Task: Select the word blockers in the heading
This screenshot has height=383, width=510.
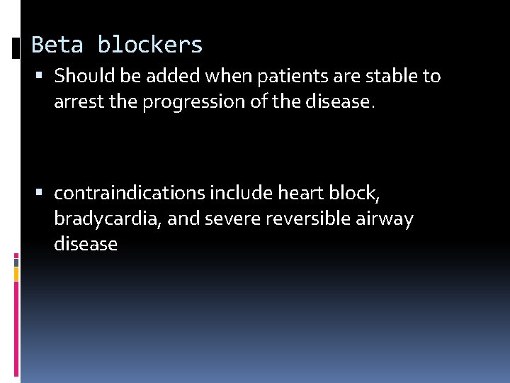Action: coord(150,45)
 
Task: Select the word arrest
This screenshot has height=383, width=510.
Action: coord(75,102)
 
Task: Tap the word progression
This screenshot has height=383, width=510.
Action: coord(191,103)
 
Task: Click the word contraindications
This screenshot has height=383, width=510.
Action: coord(128,193)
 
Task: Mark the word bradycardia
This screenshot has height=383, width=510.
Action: coord(108,219)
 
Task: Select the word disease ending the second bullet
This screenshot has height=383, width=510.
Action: coord(86,245)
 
